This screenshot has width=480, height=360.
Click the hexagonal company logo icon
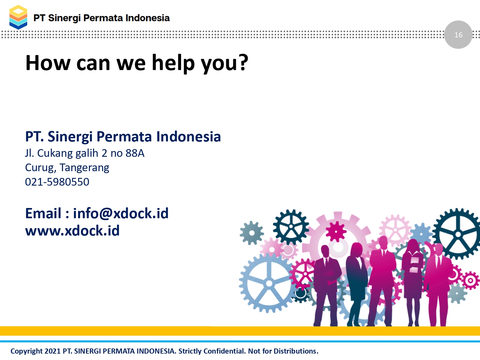[x=18, y=17]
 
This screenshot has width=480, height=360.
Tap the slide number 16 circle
[x=458, y=35]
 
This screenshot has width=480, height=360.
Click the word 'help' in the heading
[x=173, y=63]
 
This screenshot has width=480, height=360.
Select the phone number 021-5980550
[x=57, y=182]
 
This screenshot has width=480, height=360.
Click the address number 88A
[x=135, y=153]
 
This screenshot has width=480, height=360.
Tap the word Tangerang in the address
[x=84, y=168]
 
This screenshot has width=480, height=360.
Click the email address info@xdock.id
[x=121, y=213]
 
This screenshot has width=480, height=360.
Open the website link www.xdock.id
[x=72, y=230]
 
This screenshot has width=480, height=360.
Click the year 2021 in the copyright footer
[x=52, y=351]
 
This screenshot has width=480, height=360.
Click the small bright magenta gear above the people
[x=336, y=232]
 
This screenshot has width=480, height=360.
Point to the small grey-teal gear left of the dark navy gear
[x=252, y=233]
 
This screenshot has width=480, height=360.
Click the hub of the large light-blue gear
[x=269, y=284]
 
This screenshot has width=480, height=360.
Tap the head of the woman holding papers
[x=413, y=246]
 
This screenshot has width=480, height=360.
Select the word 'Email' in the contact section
[x=43, y=213]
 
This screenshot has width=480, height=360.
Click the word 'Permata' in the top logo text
[x=103, y=18]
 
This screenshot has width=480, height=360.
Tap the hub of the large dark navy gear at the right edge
[x=458, y=234]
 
